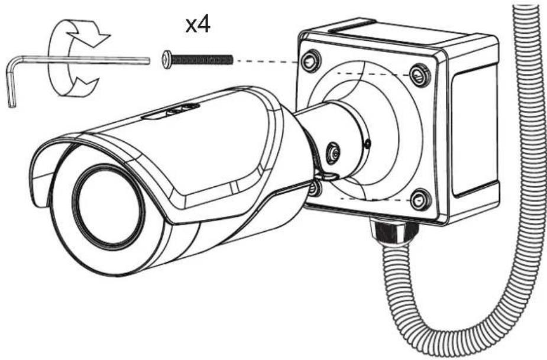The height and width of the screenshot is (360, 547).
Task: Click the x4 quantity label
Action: click(x=198, y=25)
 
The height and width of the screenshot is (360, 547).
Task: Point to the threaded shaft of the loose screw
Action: click(x=202, y=60)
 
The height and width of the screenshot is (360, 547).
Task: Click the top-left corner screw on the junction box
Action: click(x=311, y=61)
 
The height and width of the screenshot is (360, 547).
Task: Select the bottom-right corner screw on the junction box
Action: click(x=421, y=199)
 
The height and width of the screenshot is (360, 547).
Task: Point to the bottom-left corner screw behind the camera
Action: click(x=315, y=187)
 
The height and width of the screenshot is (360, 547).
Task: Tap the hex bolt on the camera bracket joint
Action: click(x=334, y=153)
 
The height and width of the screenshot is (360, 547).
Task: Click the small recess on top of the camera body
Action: click(x=171, y=112)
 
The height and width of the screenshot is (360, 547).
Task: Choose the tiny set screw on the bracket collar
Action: click(x=368, y=143)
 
